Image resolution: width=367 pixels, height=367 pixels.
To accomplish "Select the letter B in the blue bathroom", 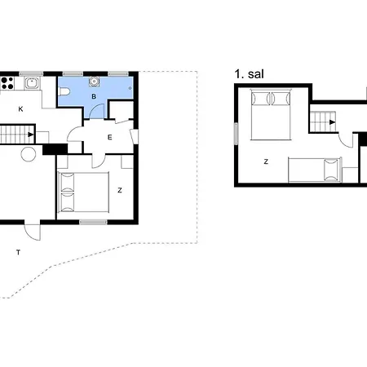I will [94, 97].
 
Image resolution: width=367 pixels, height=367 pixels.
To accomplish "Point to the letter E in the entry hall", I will [109, 137].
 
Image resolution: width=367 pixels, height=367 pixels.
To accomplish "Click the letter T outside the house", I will [17, 252].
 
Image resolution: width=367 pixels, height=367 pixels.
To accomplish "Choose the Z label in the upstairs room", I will [266, 161].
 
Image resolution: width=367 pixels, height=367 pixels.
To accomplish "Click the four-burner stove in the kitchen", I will [8, 82].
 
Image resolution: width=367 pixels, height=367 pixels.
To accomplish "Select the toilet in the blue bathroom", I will [65, 91].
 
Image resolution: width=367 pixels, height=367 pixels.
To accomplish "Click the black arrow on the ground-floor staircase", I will [30, 135].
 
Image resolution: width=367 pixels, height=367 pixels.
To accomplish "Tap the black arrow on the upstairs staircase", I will [333, 122].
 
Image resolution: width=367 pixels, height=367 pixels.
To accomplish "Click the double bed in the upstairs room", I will [269, 114].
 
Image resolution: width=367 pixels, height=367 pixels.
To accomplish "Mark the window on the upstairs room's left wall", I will [235, 135].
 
